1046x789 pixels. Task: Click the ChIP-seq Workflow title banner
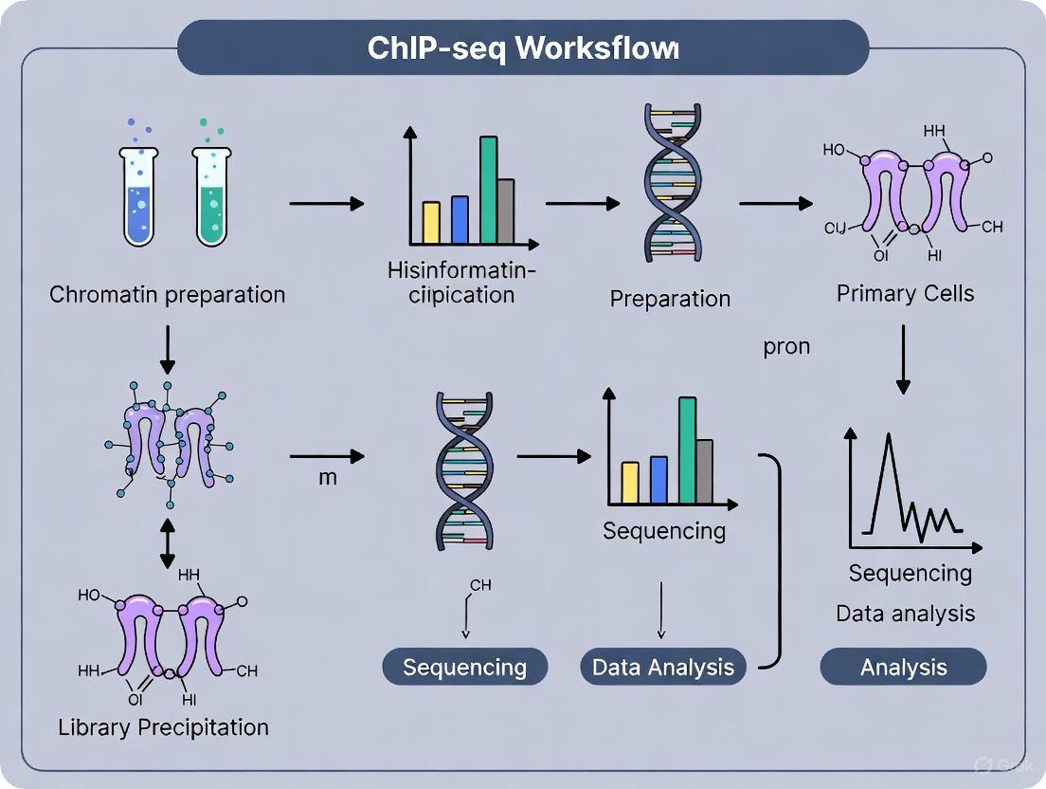(523, 47)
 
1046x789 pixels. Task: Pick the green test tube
(210, 194)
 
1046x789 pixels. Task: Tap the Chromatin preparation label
(168, 294)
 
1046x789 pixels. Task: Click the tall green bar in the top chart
(489, 190)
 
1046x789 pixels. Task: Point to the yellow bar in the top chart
(431, 223)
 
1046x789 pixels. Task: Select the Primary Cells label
(905, 293)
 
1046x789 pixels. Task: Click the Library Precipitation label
(163, 727)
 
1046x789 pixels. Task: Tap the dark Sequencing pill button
(464, 667)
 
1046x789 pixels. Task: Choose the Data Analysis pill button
(663, 667)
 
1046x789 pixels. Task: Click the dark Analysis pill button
(903, 667)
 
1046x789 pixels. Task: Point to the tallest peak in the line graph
(889, 438)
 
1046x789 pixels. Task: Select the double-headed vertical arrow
(168, 542)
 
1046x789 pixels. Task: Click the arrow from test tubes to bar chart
(327, 203)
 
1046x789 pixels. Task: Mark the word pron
(786, 346)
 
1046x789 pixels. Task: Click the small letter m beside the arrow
(327, 477)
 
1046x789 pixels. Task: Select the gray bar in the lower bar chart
(704, 471)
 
